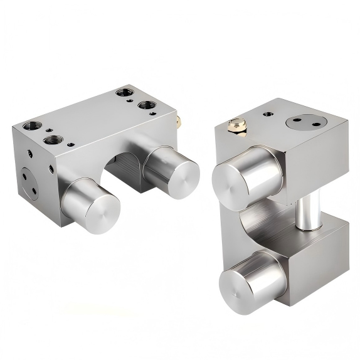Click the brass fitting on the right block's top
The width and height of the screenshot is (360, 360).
tap(236, 126)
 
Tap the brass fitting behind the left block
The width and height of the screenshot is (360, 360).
tap(178, 118)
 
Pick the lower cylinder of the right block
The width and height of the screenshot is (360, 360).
tap(251, 277)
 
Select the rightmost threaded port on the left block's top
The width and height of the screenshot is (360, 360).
tap(146, 105)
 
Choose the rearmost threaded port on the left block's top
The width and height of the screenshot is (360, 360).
tap(122, 94)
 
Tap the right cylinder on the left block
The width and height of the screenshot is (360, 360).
tap(172, 166)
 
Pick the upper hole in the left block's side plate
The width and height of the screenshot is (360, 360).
tap(24, 176)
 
